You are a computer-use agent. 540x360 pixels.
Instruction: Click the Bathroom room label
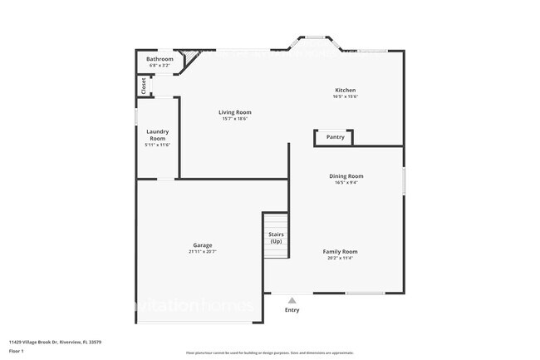pyautogui.click(x=160, y=59)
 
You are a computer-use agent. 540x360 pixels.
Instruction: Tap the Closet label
pyautogui.click(x=144, y=86)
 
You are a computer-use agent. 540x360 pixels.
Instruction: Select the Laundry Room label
pyautogui.click(x=158, y=135)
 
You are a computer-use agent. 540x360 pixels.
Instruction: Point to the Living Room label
pyautogui.click(x=235, y=112)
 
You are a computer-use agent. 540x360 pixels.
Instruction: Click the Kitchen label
pyautogui.click(x=346, y=90)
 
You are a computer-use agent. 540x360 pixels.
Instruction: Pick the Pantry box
pyautogui.click(x=335, y=137)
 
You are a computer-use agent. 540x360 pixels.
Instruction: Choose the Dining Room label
pyautogui.click(x=346, y=176)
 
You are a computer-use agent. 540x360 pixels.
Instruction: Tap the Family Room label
pyautogui.click(x=340, y=251)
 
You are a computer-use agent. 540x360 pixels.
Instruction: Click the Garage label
pyautogui.click(x=203, y=245)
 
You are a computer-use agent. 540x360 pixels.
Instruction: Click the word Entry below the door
pyautogui.click(x=292, y=310)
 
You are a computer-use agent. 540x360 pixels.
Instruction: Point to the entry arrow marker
pyautogui.click(x=292, y=299)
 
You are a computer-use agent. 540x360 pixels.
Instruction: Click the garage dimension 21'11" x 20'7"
pyautogui.click(x=203, y=252)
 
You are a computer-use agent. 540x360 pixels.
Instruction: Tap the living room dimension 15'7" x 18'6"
pyautogui.click(x=235, y=119)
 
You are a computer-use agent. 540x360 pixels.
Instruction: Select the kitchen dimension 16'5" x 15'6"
pyautogui.click(x=346, y=96)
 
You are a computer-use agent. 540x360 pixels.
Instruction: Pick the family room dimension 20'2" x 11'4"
pyautogui.click(x=340, y=258)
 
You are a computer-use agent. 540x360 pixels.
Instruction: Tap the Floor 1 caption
pyautogui.click(x=17, y=352)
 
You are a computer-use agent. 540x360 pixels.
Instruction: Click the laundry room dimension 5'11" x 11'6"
pyautogui.click(x=158, y=145)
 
